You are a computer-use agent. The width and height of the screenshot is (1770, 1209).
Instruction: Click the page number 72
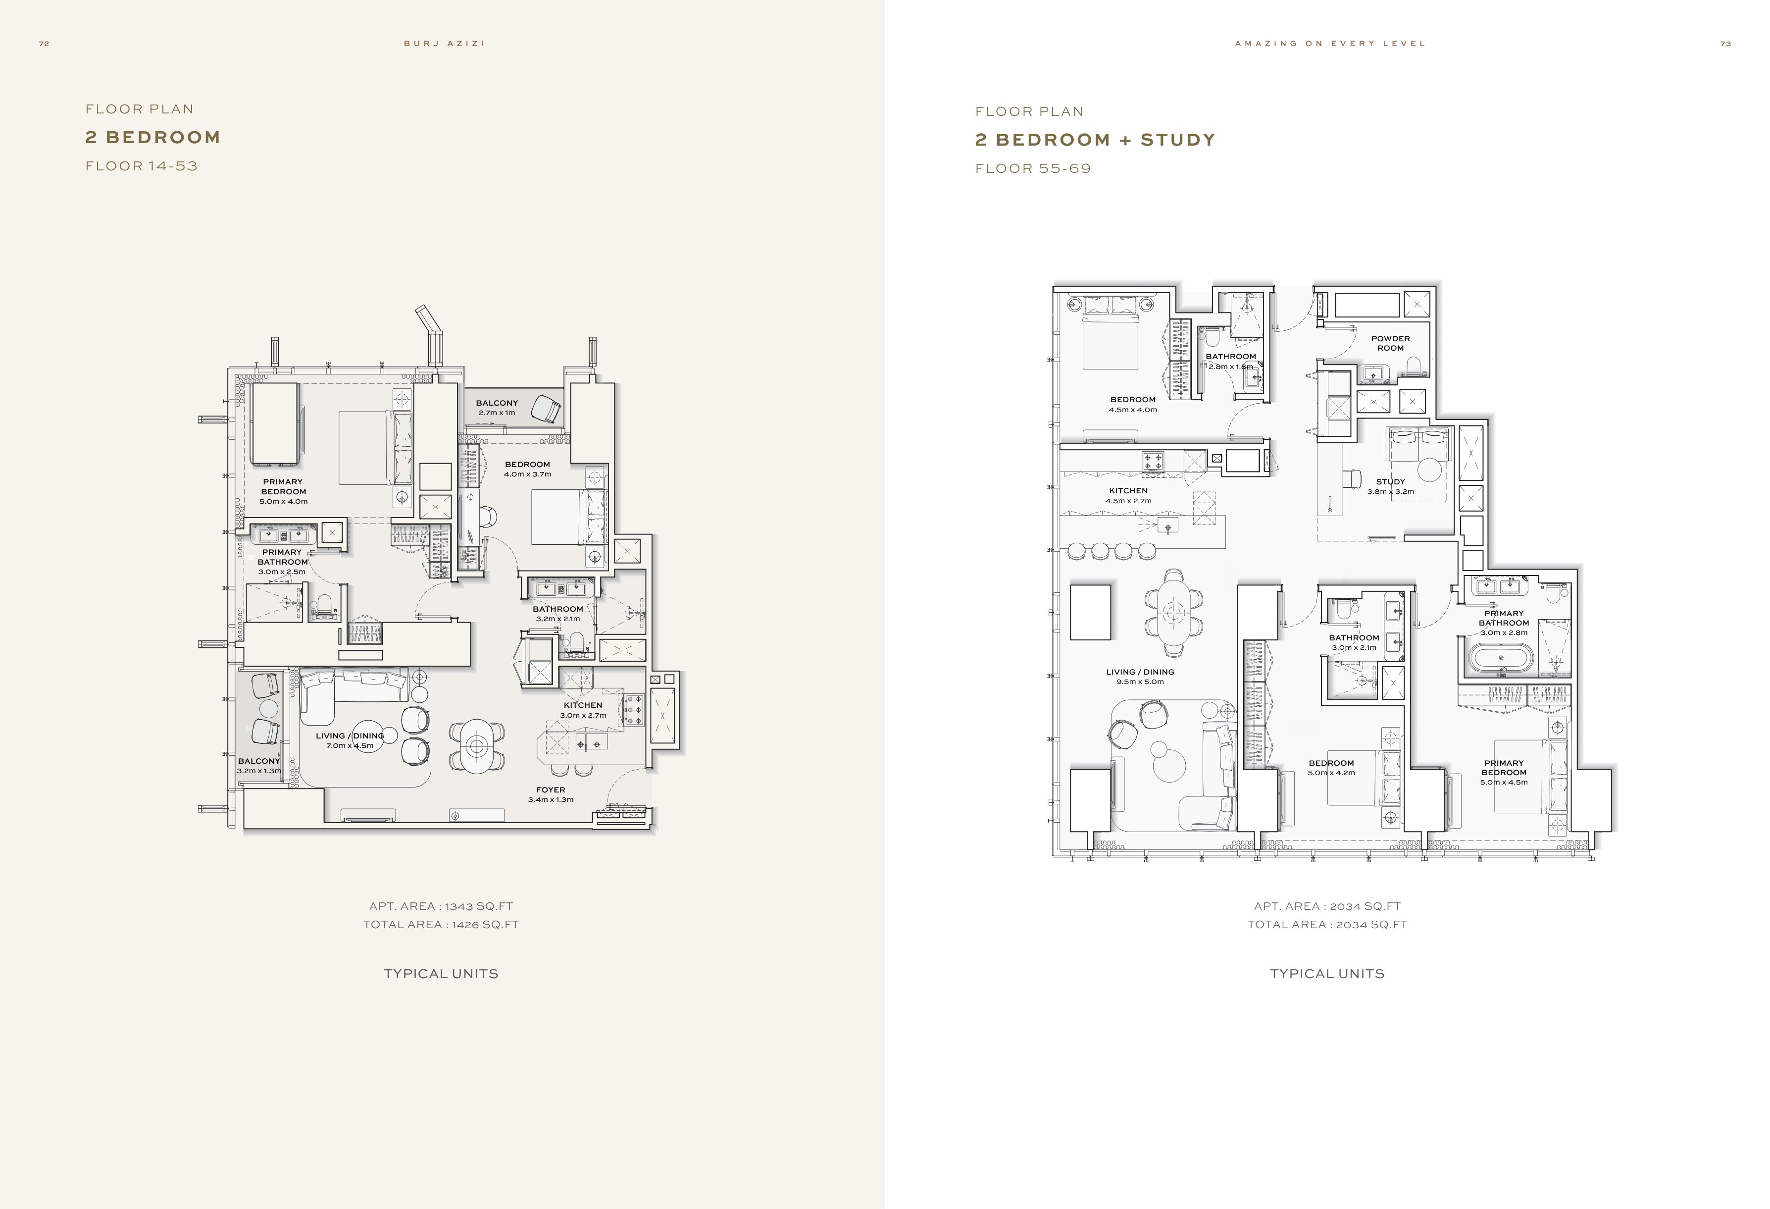click(x=44, y=44)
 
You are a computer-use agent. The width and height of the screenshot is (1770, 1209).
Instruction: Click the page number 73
click(x=1726, y=44)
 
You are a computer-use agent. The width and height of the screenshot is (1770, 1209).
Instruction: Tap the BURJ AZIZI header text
click(x=444, y=44)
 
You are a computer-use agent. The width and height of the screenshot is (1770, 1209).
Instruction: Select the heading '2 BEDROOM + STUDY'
click(x=1095, y=139)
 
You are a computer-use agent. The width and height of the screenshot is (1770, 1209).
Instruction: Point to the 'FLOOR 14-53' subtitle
click(x=142, y=166)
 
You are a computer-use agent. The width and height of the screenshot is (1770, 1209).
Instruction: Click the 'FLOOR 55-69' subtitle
click(x=1033, y=168)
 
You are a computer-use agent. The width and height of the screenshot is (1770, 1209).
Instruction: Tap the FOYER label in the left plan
click(x=551, y=790)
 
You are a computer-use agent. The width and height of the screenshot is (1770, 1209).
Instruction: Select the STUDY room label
click(x=1391, y=481)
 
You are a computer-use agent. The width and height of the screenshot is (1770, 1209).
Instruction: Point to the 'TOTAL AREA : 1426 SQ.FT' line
click(x=441, y=925)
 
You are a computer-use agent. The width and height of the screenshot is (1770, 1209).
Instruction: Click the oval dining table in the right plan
click(x=1174, y=611)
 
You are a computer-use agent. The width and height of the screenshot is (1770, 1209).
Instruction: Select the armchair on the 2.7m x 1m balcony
click(x=546, y=408)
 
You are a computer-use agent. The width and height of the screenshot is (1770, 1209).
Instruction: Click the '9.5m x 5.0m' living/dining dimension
click(x=1140, y=682)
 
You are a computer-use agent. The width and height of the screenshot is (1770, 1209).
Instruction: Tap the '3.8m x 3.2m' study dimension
click(x=1391, y=491)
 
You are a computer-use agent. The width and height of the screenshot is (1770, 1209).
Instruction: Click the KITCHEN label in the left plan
click(x=583, y=705)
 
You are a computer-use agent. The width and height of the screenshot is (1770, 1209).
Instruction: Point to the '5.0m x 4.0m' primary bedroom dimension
click(x=283, y=501)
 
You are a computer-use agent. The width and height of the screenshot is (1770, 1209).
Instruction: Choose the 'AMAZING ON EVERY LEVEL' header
click(x=1330, y=44)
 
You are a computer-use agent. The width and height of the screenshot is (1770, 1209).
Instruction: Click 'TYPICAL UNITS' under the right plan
click(x=1327, y=974)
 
